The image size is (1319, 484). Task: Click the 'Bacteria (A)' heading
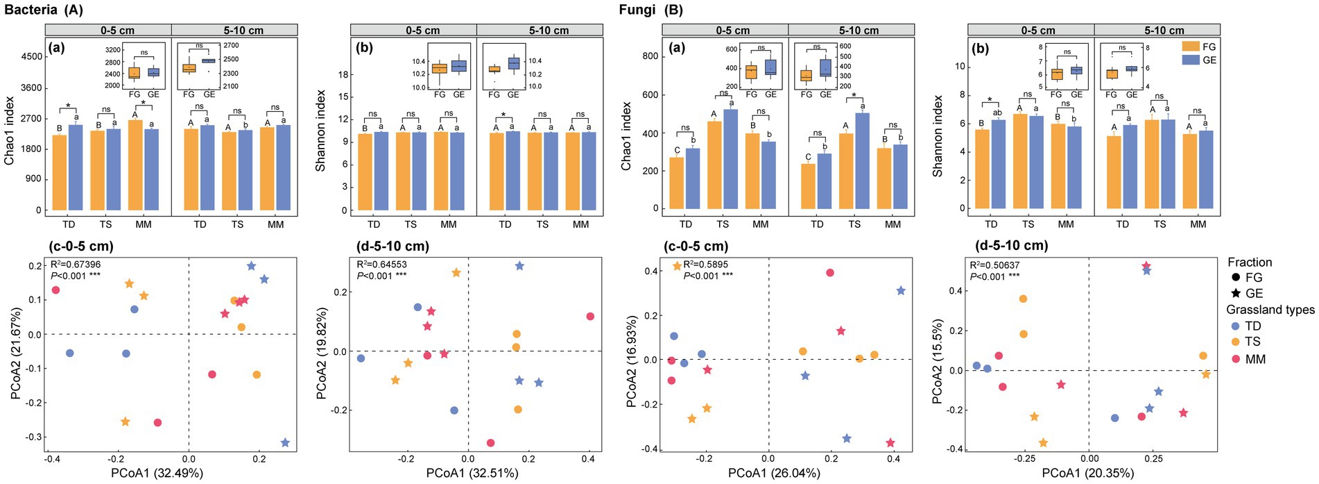[43, 10]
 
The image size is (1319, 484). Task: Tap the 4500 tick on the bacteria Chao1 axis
[31, 57]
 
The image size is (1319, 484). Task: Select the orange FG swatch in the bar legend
[1191, 47]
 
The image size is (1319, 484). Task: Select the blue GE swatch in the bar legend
[1191, 60]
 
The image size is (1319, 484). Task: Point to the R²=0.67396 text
[76, 265]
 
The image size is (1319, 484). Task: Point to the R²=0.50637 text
[994, 265]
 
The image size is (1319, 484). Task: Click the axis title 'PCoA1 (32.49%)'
[157, 474]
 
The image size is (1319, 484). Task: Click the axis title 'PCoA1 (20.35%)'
[1087, 474]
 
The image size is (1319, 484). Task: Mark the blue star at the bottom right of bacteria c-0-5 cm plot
[285, 443]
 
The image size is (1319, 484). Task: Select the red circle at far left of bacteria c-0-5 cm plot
[56, 290]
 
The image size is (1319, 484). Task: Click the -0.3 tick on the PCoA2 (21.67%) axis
[34, 437]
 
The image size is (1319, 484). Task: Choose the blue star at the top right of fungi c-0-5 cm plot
[901, 291]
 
